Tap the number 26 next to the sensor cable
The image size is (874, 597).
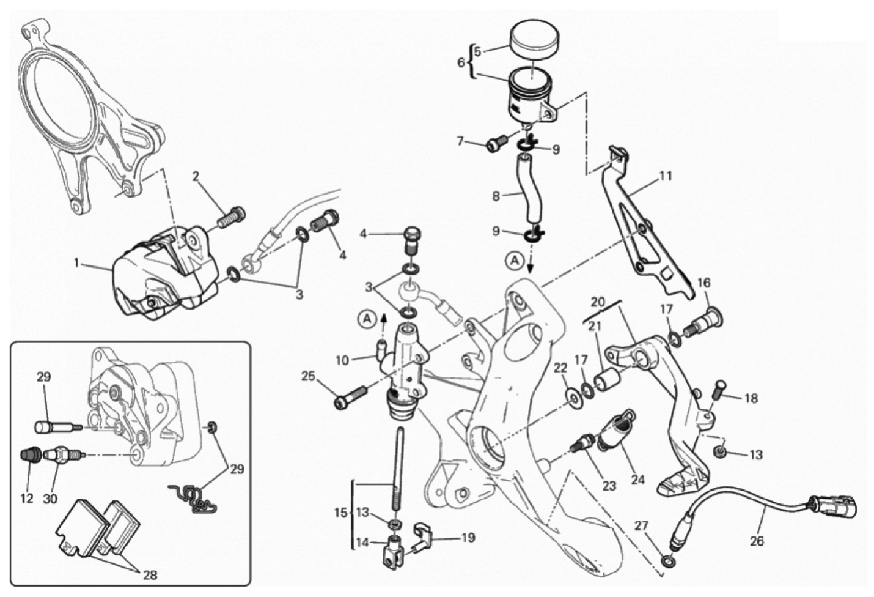coord(756,541)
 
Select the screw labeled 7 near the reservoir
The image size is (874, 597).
coord(498,142)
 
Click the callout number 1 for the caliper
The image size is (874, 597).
coord(77,264)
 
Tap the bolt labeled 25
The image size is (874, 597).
coord(350,397)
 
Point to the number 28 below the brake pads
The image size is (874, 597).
coord(150,575)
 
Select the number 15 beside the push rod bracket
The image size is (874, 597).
coord(340,513)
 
